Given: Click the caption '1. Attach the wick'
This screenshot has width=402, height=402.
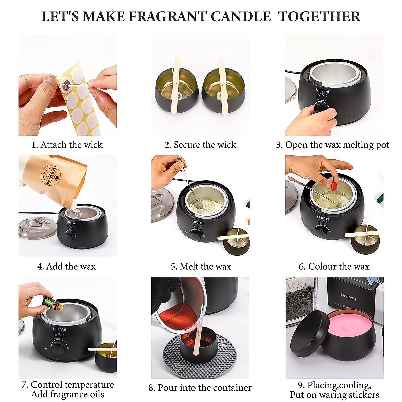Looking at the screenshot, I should point(67,145).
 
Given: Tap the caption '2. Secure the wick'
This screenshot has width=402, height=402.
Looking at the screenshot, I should point(200,145).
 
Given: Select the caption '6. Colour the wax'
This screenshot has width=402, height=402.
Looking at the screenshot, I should point(334,266).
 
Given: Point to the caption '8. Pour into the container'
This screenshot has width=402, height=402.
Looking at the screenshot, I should point(200,388).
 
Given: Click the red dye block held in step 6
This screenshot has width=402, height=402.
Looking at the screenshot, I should point(333,186).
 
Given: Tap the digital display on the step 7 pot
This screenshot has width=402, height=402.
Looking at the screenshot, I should point(59,335).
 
